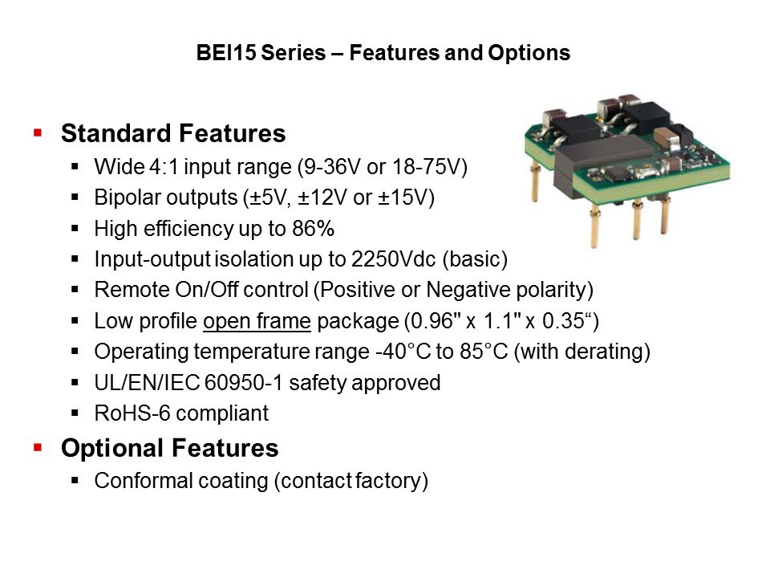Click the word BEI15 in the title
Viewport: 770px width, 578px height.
pyautogui.click(x=226, y=53)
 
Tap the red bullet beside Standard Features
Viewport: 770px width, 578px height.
pyautogui.click(x=38, y=132)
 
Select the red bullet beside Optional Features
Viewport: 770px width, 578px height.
pyautogui.click(x=38, y=448)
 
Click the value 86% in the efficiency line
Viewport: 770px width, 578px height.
pyautogui.click(x=314, y=229)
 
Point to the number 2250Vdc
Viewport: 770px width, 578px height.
pyautogui.click(x=393, y=259)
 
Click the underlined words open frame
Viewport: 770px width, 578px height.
pyautogui.click(x=257, y=321)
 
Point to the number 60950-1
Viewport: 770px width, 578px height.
pyautogui.click(x=243, y=383)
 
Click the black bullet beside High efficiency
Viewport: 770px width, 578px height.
pyautogui.click(x=75, y=229)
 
